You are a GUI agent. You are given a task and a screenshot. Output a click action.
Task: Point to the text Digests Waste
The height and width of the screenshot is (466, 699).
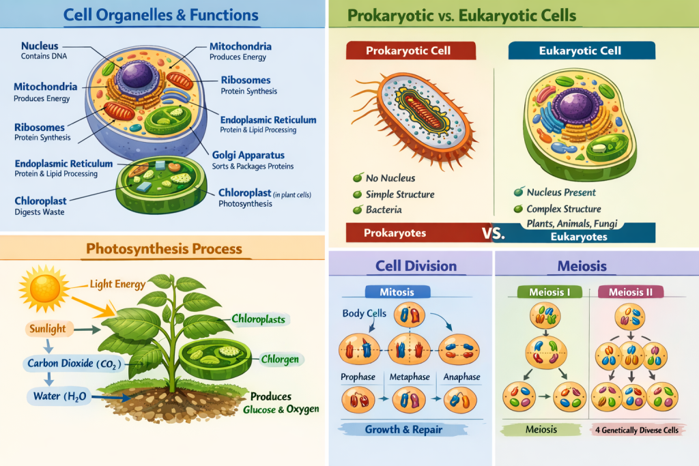pyautogui.click(x=39, y=212)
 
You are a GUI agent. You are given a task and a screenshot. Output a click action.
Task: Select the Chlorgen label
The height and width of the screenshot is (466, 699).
pyautogui.click(x=281, y=360)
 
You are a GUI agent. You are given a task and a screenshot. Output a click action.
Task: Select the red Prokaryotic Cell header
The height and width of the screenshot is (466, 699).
pyautogui.click(x=408, y=50)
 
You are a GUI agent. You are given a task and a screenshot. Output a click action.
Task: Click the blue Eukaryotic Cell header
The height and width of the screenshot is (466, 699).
pyautogui.click(x=582, y=50)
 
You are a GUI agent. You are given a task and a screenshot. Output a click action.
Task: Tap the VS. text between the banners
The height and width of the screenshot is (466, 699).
pyautogui.click(x=493, y=233)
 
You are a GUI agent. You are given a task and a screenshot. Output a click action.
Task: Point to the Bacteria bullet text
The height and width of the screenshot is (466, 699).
pyautogui.click(x=384, y=209)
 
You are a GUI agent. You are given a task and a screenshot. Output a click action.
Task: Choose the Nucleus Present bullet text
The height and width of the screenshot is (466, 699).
pyautogui.click(x=561, y=192)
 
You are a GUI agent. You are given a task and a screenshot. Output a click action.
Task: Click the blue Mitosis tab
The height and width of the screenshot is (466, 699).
pyautogui.click(x=397, y=292)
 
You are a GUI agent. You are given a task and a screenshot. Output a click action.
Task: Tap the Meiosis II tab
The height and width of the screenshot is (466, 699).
pyautogui.click(x=629, y=292)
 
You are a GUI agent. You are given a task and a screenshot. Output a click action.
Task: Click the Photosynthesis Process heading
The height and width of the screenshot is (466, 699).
pyautogui.click(x=164, y=250)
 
